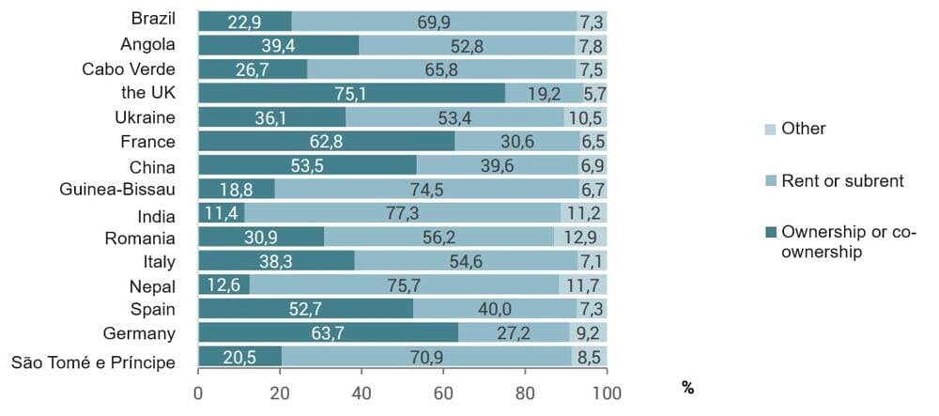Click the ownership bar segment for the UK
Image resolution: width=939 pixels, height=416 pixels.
pyautogui.click(x=351, y=93)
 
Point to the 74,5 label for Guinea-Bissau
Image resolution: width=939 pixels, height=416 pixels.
pyautogui.click(x=433, y=191)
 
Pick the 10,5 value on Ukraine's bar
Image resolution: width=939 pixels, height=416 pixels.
pyautogui.click(x=589, y=117)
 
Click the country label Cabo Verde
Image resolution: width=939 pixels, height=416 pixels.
pyautogui.click(x=129, y=69)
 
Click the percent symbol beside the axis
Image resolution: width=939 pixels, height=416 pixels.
pyautogui.click(x=688, y=388)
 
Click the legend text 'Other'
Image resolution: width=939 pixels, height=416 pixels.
pyautogui.click(x=803, y=129)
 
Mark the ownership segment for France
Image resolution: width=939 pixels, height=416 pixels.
pyautogui.click(x=326, y=142)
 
